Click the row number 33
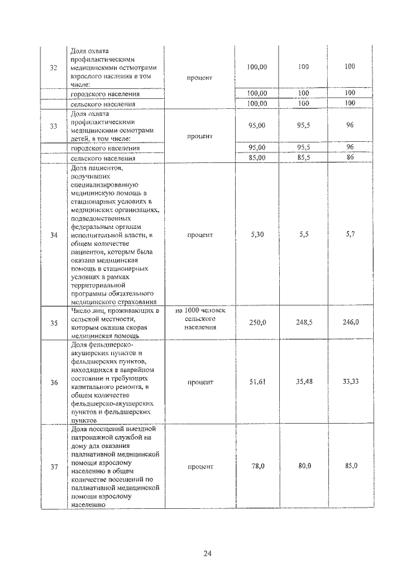point(53,126)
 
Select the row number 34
point(53,235)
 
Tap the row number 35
point(53,322)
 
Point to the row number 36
point(53,383)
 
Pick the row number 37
point(53,466)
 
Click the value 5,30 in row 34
point(257,235)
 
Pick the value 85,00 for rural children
point(257,158)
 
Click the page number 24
point(207,537)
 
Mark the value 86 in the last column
point(350,158)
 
